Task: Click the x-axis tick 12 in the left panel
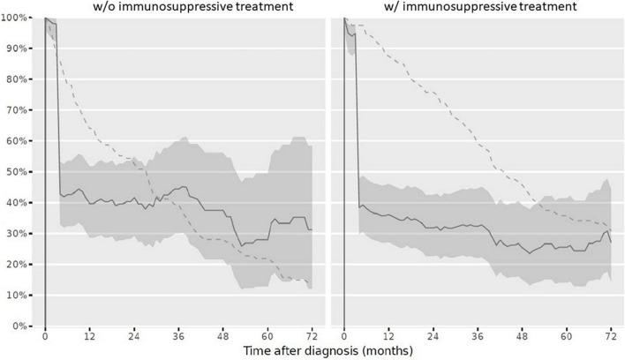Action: point(89,336)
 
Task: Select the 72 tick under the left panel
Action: point(311,336)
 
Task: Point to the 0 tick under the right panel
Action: point(344,336)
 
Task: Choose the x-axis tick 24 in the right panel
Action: point(433,336)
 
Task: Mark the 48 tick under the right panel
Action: point(522,336)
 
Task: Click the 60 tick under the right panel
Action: point(566,336)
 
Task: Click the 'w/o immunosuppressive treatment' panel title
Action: point(180,6)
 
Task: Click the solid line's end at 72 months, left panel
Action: point(311,229)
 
